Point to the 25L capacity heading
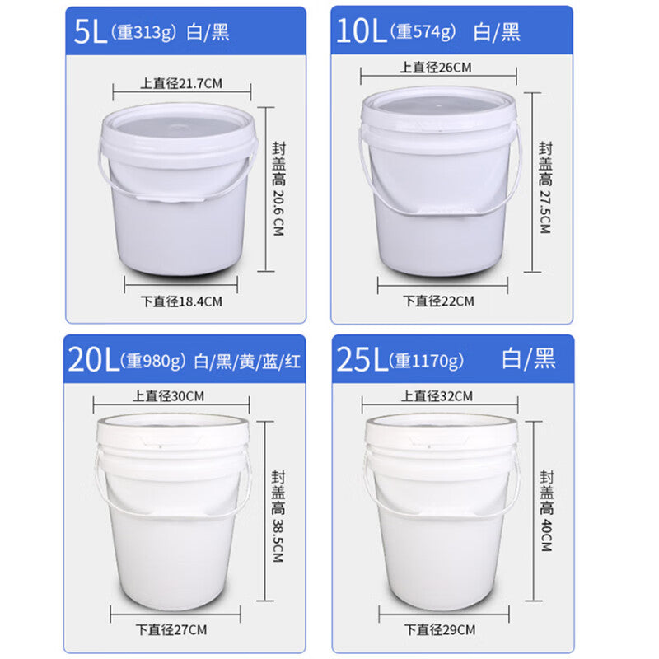tap(359, 360)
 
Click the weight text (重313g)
tap(153, 33)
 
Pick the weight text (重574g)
tap(423, 32)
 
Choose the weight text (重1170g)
tap(428, 360)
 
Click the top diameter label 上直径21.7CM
tap(183, 82)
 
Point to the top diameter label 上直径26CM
tap(436, 68)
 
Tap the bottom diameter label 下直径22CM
tap(439, 301)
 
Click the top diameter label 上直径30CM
tap(171, 396)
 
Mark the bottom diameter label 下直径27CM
tap(172, 629)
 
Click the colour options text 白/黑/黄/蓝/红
tap(248, 361)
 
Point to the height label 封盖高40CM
tap(546, 512)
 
